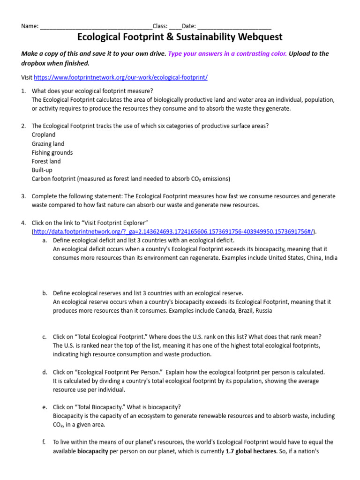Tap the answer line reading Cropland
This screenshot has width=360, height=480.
tap(44, 135)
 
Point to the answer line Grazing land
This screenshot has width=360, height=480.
tap(48, 144)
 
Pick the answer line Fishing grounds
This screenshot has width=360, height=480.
tap(52, 153)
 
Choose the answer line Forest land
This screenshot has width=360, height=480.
tap(46, 161)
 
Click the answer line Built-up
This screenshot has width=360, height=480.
tap(42, 170)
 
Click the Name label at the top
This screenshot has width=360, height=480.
tap(30, 26)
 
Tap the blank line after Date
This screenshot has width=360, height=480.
tap(234, 26)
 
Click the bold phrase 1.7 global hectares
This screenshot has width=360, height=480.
tap(253, 451)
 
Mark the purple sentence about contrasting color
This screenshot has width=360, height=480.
tap(227, 53)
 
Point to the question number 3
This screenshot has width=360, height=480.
tap(23, 196)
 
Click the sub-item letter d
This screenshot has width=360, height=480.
tap(44, 372)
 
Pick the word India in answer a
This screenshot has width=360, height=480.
tap(330, 258)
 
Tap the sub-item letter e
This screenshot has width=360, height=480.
tap(44, 407)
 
